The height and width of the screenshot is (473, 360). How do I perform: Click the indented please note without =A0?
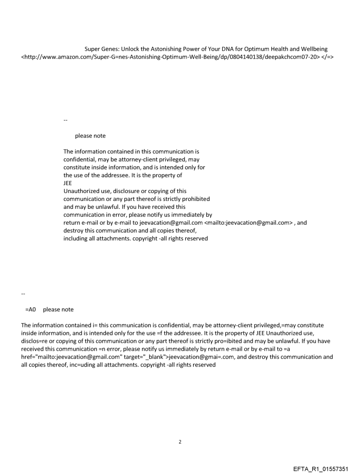90,136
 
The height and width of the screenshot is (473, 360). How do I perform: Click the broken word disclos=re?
34,341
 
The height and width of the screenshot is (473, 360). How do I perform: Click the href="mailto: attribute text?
39,357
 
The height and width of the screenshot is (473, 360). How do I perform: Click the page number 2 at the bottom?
180,442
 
